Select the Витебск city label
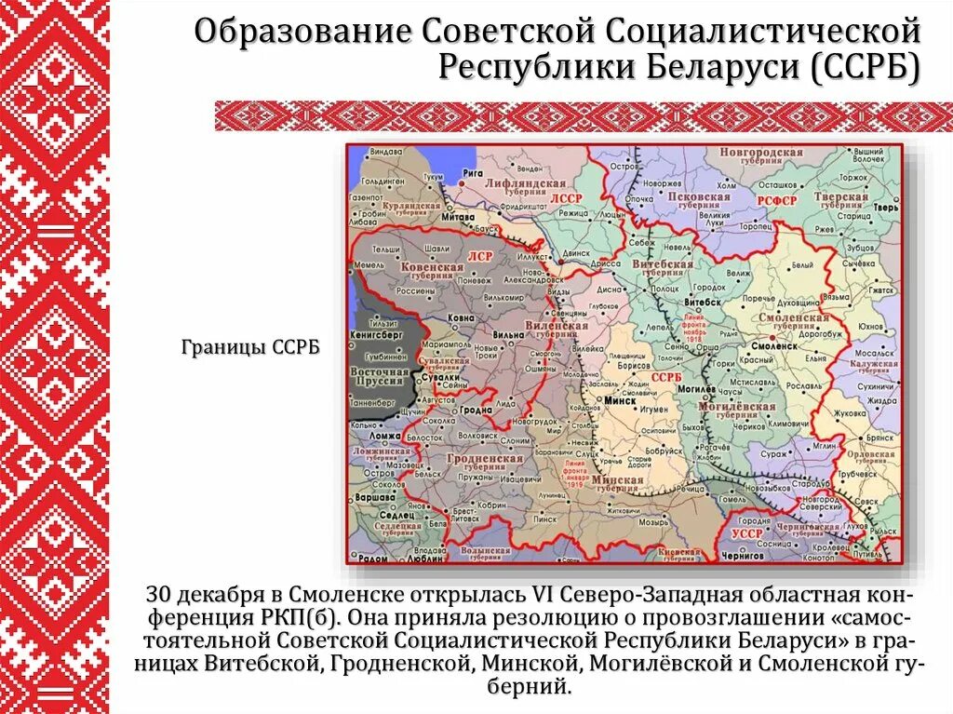(705, 303)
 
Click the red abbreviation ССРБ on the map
(666, 377)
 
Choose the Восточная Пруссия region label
(380, 377)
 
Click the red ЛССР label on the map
(564, 197)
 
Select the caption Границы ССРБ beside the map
(250, 346)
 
